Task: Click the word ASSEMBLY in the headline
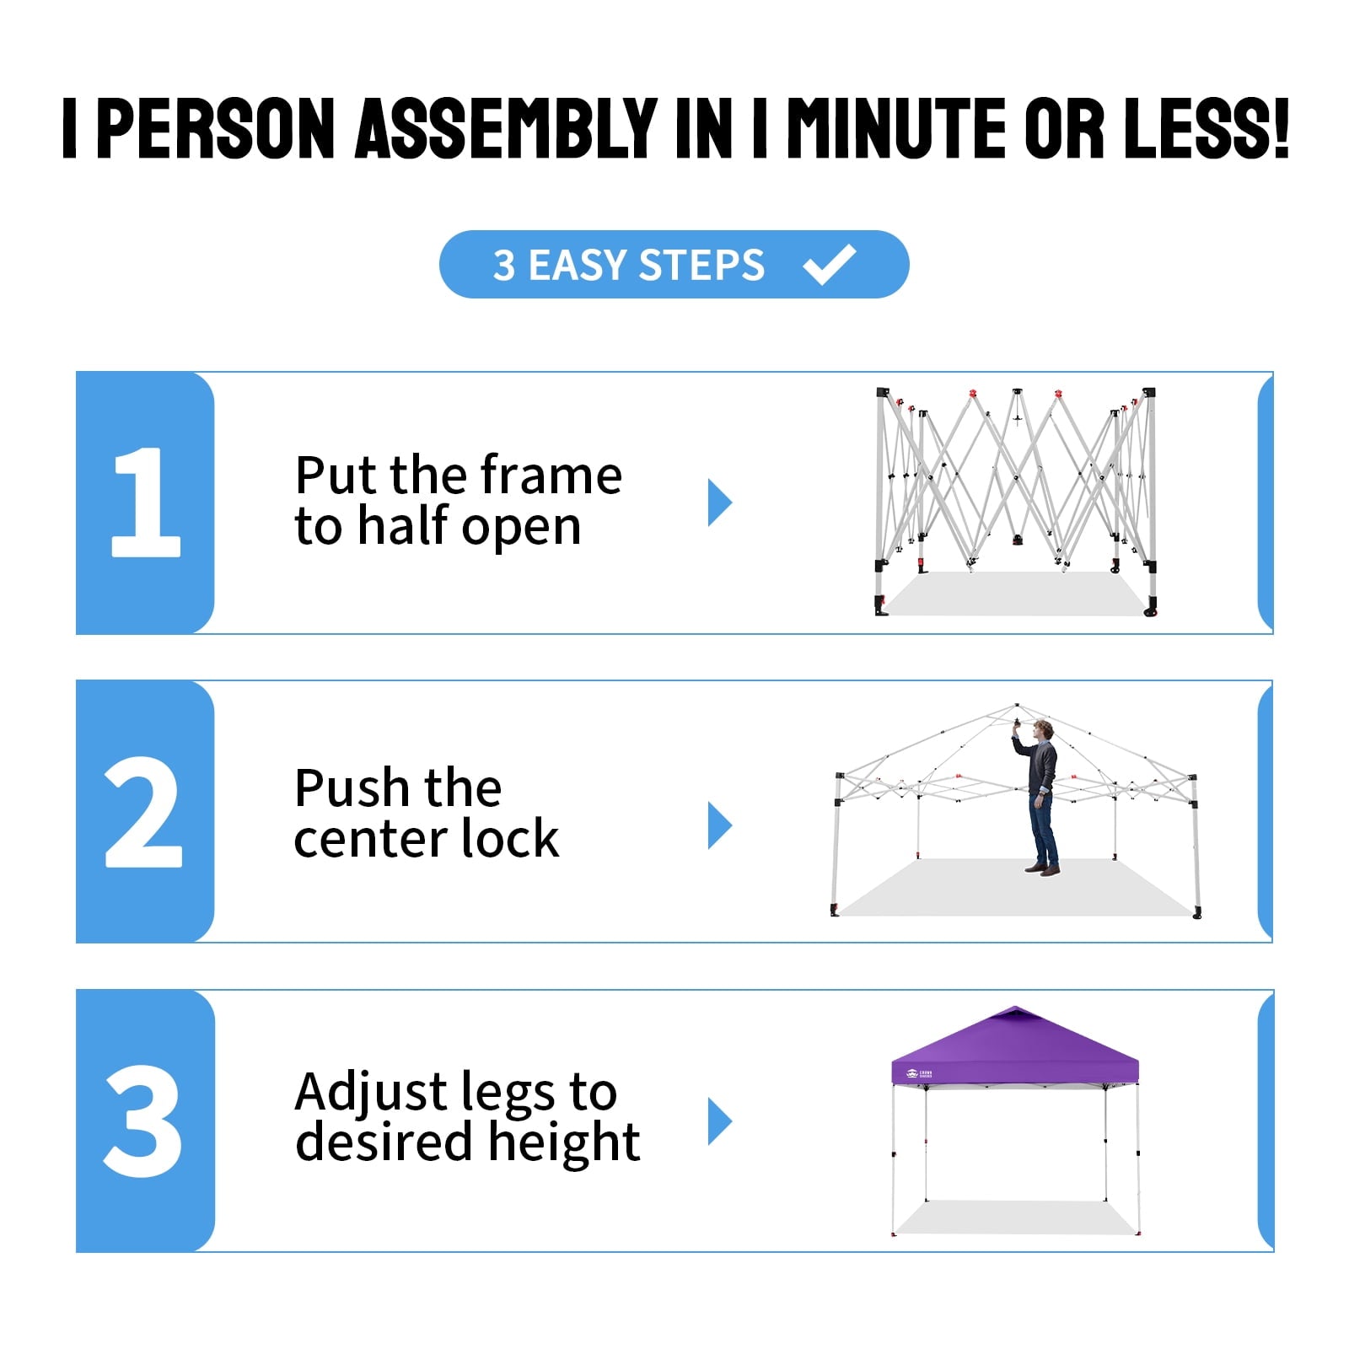point(507,127)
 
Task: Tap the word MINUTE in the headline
point(895,127)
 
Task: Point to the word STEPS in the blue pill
point(701,265)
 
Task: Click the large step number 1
point(147,502)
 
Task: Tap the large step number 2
point(143,811)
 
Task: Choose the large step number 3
point(143,1121)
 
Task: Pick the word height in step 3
point(564,1144)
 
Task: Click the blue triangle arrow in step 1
point(720,503)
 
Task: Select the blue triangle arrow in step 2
point(720,825)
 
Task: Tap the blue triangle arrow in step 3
point(720,1121)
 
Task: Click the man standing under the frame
point(1040,797)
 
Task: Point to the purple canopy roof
point(1015,1045)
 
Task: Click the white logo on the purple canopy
point(919,1074)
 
